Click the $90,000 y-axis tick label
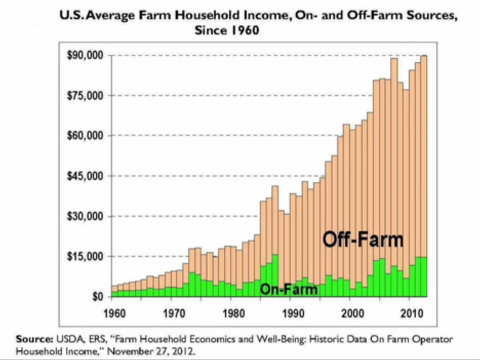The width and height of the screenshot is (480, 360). pyautogui.click(x=86, y=55)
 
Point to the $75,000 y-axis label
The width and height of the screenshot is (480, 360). pyautogui.click(x=86, y=96)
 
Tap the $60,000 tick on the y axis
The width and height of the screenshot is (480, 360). pyautogui.click(x=86, y=136)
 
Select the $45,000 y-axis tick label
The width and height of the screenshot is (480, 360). pyautogui.click(x=86, y=176)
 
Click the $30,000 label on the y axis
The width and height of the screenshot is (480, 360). pyautogui.click(x=86, y=216)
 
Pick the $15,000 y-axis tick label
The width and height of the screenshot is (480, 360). pyautogui.click(x=86, y=256)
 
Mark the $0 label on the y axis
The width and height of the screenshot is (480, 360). pyautogui.click(x=97, y=297)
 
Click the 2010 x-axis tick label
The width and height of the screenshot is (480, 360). pyautogui.click(x=412, y=312)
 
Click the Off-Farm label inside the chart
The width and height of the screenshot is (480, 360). pyautogui.click(x=363, y=239)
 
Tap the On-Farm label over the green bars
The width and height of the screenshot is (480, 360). pyautogui.click(x=288, y=289)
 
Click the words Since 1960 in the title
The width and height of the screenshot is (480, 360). pyautogui.click(x=227, y=30)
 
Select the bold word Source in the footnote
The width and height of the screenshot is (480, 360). pyautogui.click(x=33, y=339)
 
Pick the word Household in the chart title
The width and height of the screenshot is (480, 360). pyautogui.click(x=208, y=15)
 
